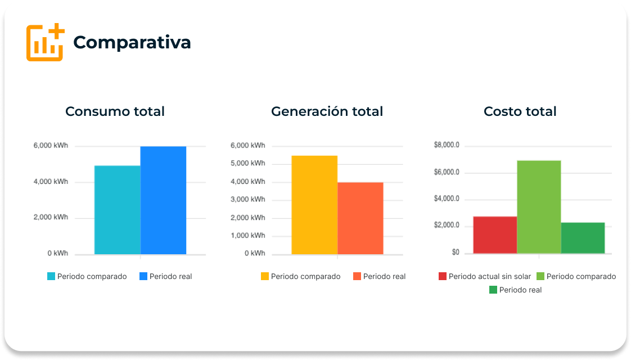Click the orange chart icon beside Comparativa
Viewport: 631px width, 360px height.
point(45,42)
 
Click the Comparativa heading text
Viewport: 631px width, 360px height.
point(132,42)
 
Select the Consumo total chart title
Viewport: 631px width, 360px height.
point(115,111)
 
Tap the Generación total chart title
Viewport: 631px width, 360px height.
point(327,111)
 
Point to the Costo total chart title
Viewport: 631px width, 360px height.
point(520,111)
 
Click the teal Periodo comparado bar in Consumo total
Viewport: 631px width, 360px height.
point(117,210)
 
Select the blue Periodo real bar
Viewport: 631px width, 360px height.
point(163,200)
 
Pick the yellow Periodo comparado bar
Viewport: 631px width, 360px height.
point(314,205)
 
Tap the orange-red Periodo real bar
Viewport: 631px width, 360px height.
point(360,218)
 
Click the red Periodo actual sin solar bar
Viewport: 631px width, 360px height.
point(495,235)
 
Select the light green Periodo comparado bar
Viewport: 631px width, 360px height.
point(539,207)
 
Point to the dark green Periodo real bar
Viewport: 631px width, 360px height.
point(583,238)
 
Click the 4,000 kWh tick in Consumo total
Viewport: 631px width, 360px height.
point(51,182)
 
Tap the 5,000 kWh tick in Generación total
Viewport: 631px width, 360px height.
point(247,164)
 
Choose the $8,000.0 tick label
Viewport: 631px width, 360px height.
point(447,145)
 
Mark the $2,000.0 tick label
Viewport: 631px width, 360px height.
point(447,226)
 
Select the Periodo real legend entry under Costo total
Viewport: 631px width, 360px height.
point(515,290)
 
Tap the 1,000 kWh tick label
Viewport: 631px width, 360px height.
point(247,236)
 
